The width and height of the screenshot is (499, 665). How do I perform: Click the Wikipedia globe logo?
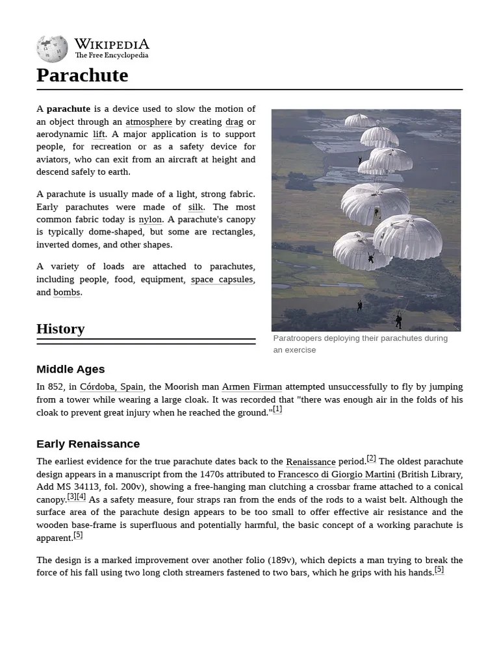click(52, 49)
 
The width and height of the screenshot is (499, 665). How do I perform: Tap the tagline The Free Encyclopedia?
click(111, 56)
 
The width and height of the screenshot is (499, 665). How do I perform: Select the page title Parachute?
click(82, 75)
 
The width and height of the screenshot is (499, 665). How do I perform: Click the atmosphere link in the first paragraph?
click(149, 121)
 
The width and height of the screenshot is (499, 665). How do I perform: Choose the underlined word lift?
click(99, 134)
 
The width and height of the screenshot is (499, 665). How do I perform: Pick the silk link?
click(196, 207)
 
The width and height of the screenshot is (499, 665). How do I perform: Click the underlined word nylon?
click(150, 220)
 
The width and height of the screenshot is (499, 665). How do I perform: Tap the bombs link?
click(66, 292)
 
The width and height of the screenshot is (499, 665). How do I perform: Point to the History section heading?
click(60, 329)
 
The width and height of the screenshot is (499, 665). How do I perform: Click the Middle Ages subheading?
click(70, 370)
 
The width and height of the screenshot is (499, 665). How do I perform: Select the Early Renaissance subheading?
click(88, 444)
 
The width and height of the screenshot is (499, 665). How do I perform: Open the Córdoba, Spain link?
click(111, 387)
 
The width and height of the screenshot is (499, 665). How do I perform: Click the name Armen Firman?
click(251, 387)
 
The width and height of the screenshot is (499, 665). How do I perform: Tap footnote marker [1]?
click(277, 409)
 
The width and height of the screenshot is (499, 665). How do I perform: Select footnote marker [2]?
click(371, 458)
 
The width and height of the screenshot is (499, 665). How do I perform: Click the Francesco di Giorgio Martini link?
click(336, 475)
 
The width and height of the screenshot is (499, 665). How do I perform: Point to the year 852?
click(57, 387)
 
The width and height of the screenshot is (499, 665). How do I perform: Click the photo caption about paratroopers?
click(360, 344)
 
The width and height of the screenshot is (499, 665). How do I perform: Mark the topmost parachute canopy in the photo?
click(360, 120)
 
